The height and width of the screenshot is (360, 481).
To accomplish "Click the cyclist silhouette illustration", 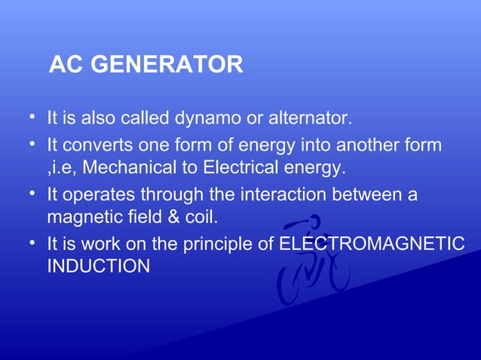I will click(x=311, y=260).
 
